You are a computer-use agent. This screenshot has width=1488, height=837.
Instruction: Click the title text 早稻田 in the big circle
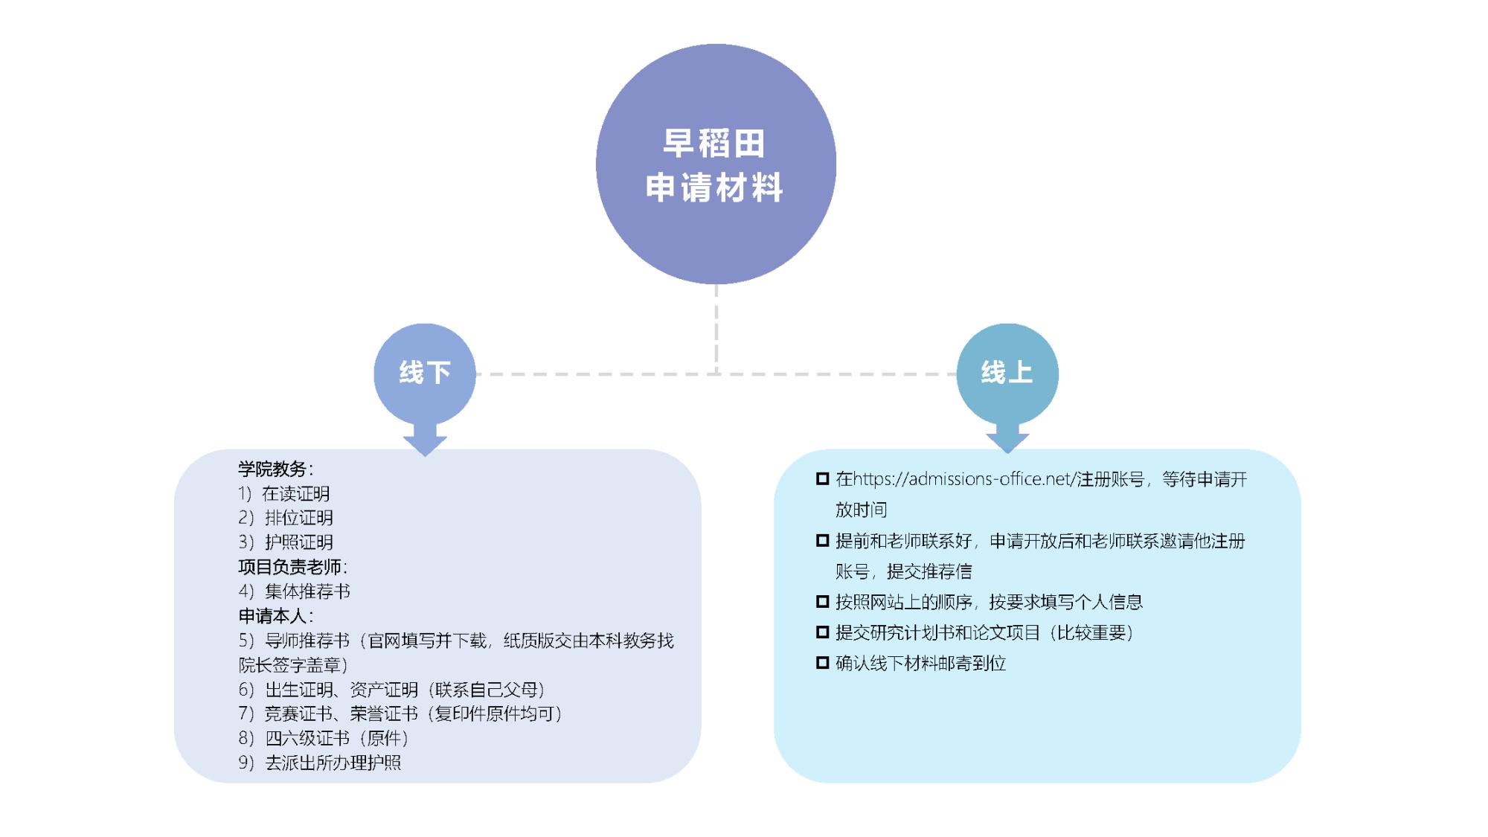pyautogui.click(x=714, y=144)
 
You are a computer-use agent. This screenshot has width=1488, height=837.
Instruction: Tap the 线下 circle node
pyautogui.click(x=425, y=373)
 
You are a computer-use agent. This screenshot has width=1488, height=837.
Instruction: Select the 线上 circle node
pyautogui.click(x=1007, y=373)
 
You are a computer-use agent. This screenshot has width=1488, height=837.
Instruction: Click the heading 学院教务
pyautogui.click(x=273, y=469)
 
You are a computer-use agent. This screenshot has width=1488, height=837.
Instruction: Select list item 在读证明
pyautogui.click(x=295, y=494)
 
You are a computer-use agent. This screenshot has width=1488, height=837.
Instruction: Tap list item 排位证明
pyautogui.click(x=298, y=518)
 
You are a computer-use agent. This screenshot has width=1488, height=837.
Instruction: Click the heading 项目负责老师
pyautogui.click(x=291, y=567)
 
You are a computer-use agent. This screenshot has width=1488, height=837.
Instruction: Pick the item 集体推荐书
pyautogui.click(x=307, y=591)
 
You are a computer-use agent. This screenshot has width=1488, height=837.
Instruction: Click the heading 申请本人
pyautogui.click(x=273, y=616)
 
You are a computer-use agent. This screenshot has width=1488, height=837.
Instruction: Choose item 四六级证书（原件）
pyautogui.click(x=337, y=738)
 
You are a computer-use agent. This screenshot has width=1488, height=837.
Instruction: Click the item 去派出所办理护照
pyautogui.click(x=333, y=763)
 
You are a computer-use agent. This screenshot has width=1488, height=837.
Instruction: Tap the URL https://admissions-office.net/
pyautogui.click(x=964, y=479)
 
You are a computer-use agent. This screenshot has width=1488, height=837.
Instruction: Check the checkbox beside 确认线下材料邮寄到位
pyautogui.click(x=822, y=663)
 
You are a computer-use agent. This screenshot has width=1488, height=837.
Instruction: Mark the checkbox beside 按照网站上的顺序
pyautogui.click(x=822, y=601)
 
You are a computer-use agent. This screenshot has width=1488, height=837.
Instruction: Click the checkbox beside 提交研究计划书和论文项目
pyautogui.click(x=822, y=632)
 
